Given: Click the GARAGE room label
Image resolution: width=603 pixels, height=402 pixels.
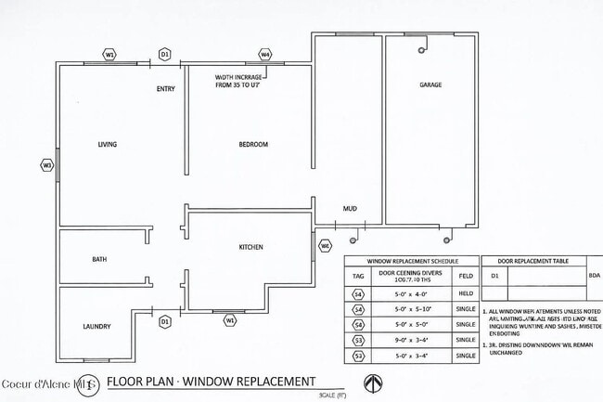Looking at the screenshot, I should tap(430, 84).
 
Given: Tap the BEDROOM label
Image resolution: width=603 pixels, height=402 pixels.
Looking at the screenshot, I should tap(253, 145).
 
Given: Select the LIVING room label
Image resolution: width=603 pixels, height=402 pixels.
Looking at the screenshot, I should tap(108, 145).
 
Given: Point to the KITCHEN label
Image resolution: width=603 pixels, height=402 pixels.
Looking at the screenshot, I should tap(251, 247).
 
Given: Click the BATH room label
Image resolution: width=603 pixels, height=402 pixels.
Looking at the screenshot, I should tap(99, 259).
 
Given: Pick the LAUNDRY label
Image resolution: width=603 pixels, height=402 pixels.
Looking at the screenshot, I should tap(96, 327).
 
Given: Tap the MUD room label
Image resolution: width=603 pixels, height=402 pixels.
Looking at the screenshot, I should tap(350, 209).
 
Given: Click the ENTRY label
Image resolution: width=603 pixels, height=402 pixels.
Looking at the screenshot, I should tap(166, 89).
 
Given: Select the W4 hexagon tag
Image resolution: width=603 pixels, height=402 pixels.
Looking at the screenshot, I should tap(265, 55).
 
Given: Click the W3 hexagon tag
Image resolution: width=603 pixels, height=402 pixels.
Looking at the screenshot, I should tap(46, 165).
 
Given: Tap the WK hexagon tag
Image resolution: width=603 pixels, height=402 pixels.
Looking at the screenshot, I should tap(325, 246).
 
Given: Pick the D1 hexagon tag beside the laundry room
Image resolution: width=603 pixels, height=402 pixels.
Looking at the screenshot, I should tap(165, 321).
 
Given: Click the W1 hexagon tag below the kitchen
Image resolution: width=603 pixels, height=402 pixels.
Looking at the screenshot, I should tap(230, 320).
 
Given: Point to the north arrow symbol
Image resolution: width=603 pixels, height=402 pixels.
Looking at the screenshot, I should tap(372, 383).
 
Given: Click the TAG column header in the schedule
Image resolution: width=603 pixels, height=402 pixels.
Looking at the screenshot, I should tap(357, 276).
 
